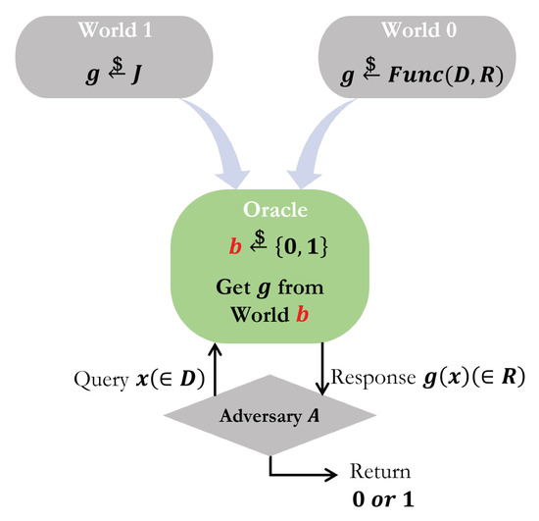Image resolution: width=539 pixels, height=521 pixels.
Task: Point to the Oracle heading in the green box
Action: (x=269, y=211)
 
